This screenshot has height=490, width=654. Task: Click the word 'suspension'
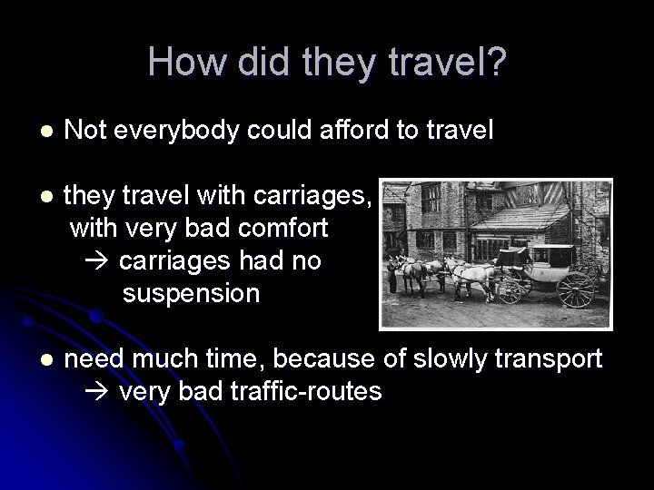click(x=191, y=294)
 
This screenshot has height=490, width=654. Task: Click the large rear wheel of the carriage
click(x=576, y=290)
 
